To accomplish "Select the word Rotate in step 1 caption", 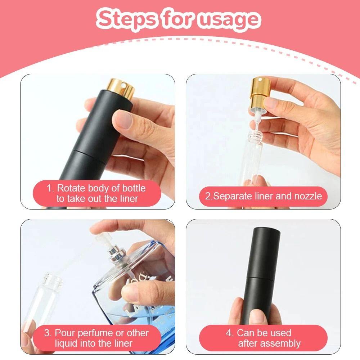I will (71, 188).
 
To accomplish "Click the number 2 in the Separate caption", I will (208, 196).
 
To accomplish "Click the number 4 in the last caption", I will (229, 333).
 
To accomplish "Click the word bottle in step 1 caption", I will (134, 188).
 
